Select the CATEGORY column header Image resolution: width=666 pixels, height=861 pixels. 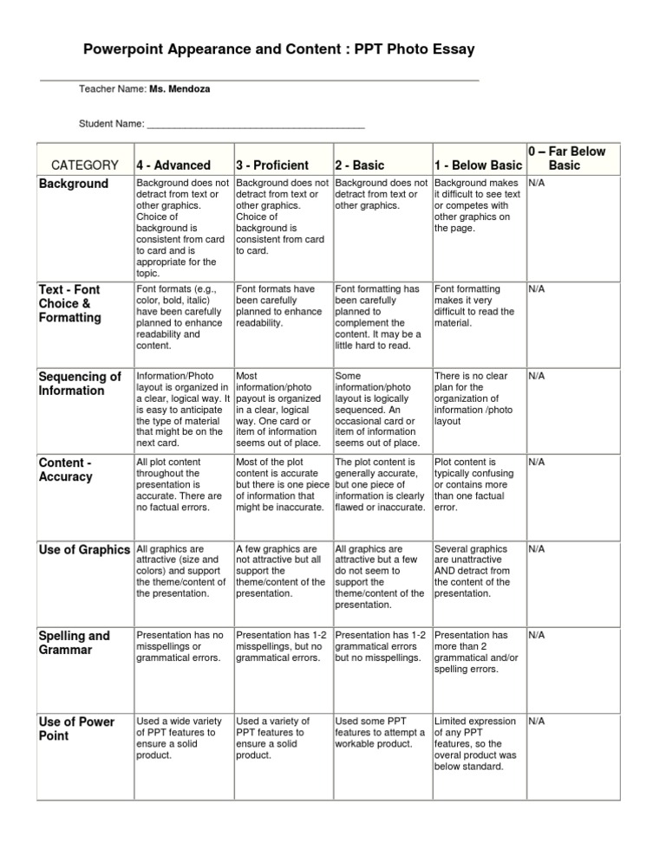coord(85,165)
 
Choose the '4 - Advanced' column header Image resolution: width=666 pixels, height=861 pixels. coord(173,165)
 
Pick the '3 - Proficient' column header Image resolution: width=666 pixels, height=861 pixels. coord(272,165)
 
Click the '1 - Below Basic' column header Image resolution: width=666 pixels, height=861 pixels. coord(477,165)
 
